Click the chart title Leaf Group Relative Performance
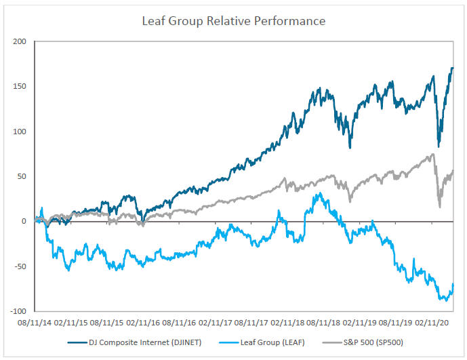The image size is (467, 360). (x=233, y=21)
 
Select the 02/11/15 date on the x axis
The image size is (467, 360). (x=72, y=324)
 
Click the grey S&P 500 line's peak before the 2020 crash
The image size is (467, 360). (x=432, y=155)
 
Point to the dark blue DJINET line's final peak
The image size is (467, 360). (x=452, y=68)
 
